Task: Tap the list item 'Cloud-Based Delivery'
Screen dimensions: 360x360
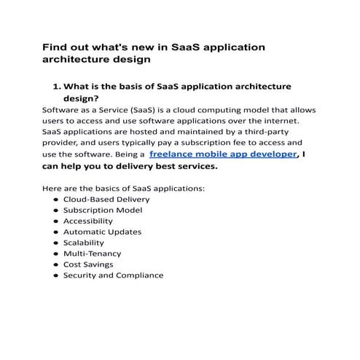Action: (106, 199)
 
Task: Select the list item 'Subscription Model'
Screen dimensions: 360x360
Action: (103, 210)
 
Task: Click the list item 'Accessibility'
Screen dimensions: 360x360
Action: (88, 221)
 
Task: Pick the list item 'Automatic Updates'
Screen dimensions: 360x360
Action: (102, 232)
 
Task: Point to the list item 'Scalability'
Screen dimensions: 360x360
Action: (84, 243)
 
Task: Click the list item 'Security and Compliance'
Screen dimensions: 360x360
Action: (113, 275)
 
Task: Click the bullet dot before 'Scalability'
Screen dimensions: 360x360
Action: (55, 243)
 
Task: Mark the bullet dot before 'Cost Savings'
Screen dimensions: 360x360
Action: (55, 265)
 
